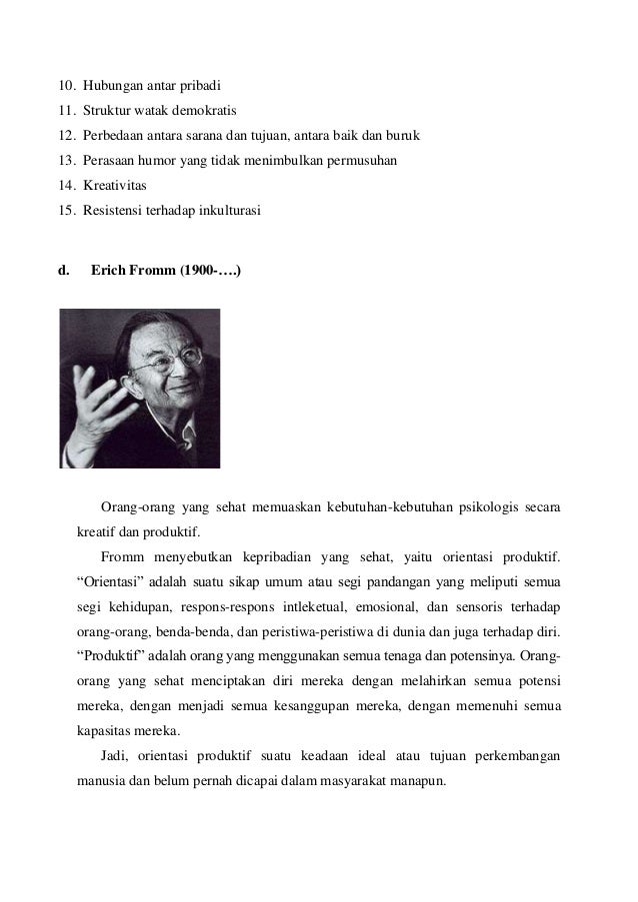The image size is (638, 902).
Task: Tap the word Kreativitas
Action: (x=115, y=186)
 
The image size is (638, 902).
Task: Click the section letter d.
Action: (x=65, y=269)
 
